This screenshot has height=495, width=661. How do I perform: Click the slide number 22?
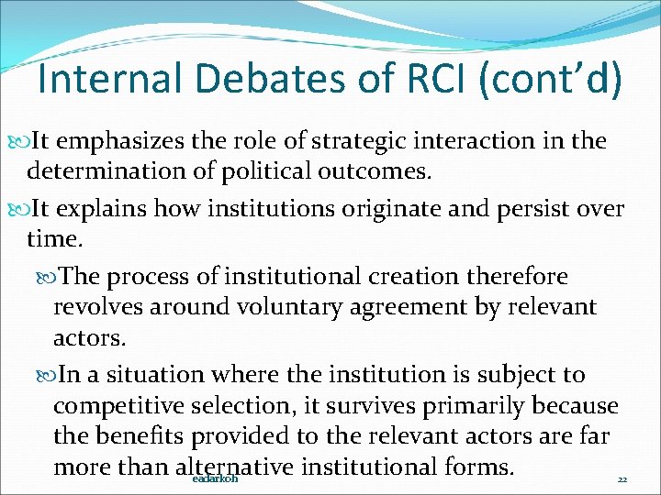pyautogui.click(x=622, y=479)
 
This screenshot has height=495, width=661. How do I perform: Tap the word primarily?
pyautogui.click(x=483, y=406)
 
